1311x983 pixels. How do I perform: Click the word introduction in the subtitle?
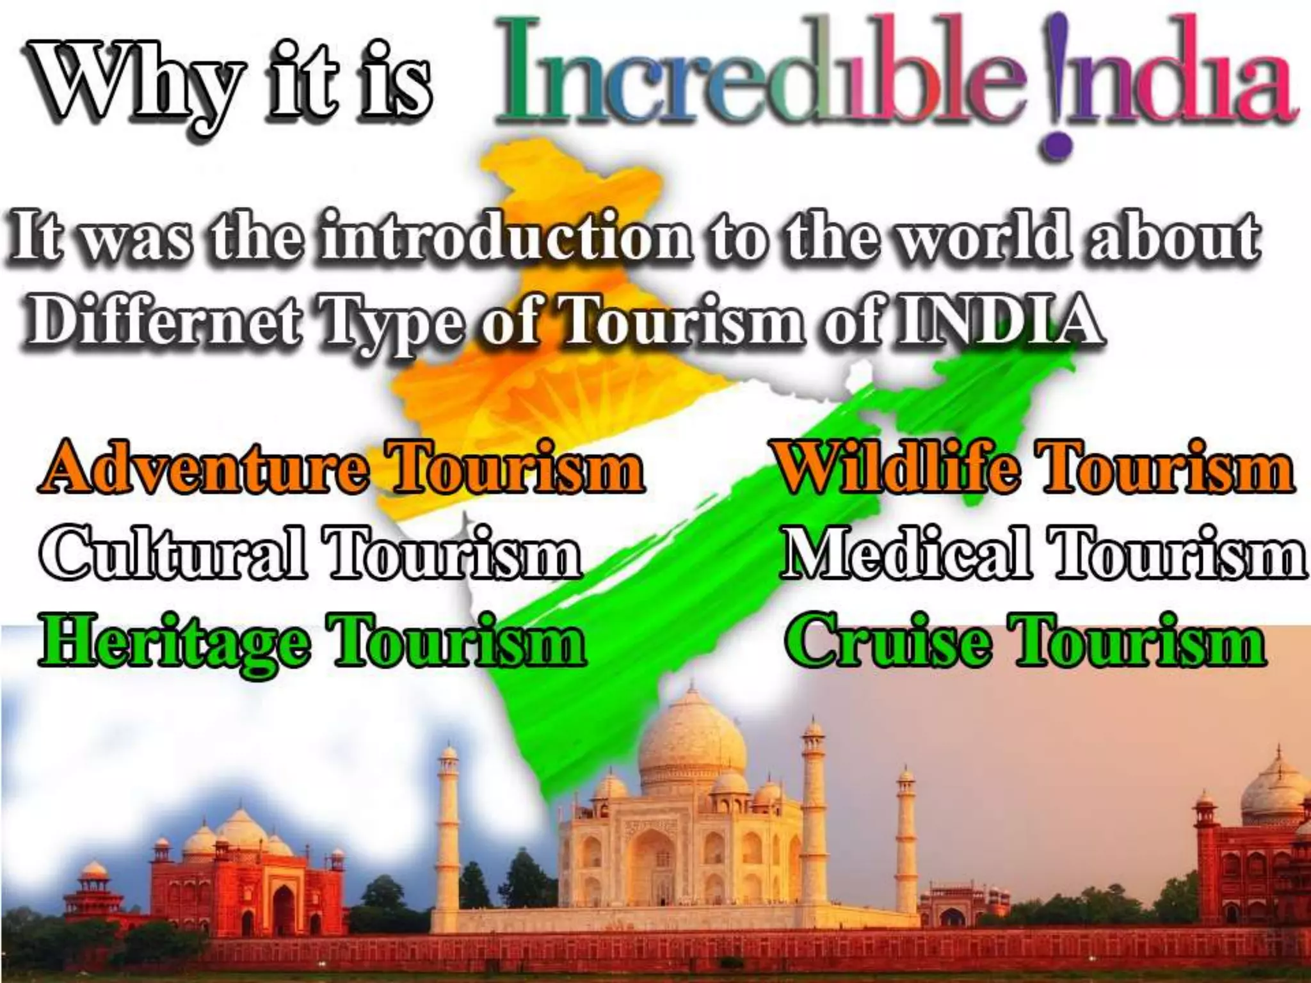(506, 239)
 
